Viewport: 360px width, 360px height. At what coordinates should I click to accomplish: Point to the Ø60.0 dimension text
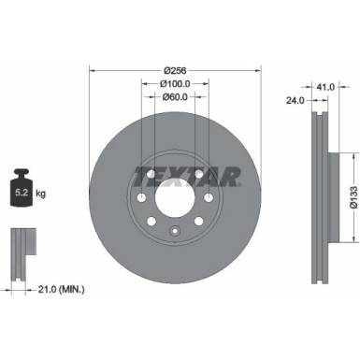pyautogui.click(x=174, y=95)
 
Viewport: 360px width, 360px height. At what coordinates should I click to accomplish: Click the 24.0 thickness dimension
pyautogui.click(x=296, y=98)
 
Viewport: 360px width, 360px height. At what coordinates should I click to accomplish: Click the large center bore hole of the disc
pyautogui.click(x=174, y=198)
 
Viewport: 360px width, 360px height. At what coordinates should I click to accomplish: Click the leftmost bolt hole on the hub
pyautogui.click(x=138, y=198)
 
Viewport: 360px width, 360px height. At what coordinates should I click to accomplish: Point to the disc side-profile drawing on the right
pyautogui.click(x=319, y=196)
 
